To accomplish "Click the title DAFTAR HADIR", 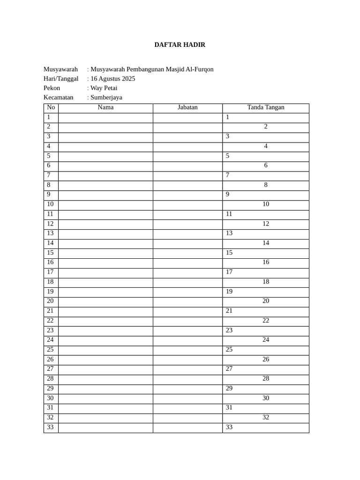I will [x=180, y=45].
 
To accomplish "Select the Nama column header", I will [x=105, y=107].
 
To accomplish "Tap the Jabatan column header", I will [x=187, y=107].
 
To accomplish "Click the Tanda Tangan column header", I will [x=266, y=107].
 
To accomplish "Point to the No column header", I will [x=51, y=107].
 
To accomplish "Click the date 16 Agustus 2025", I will [x=112, y=79].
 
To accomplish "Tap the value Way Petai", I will [x=104, y=88].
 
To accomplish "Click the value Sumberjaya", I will [x=106, y=97].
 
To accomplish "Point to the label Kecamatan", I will [x=59, y=97].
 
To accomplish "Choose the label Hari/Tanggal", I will [x=61, y=79].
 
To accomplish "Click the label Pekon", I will [x=52, y=88].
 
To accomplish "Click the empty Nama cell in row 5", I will [x=105, y=156].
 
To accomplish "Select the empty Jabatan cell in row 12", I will [x=187, y=224].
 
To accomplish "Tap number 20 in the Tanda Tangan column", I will [x=266, y=301].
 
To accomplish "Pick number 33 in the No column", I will [x=50, y=427].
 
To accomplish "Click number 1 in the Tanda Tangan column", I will [x=227, y=117].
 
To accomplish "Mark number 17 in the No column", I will [x=50, y=272].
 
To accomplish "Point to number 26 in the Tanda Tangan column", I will [x=266, y=360].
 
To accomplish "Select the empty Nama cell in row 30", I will [x=105, y=398].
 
